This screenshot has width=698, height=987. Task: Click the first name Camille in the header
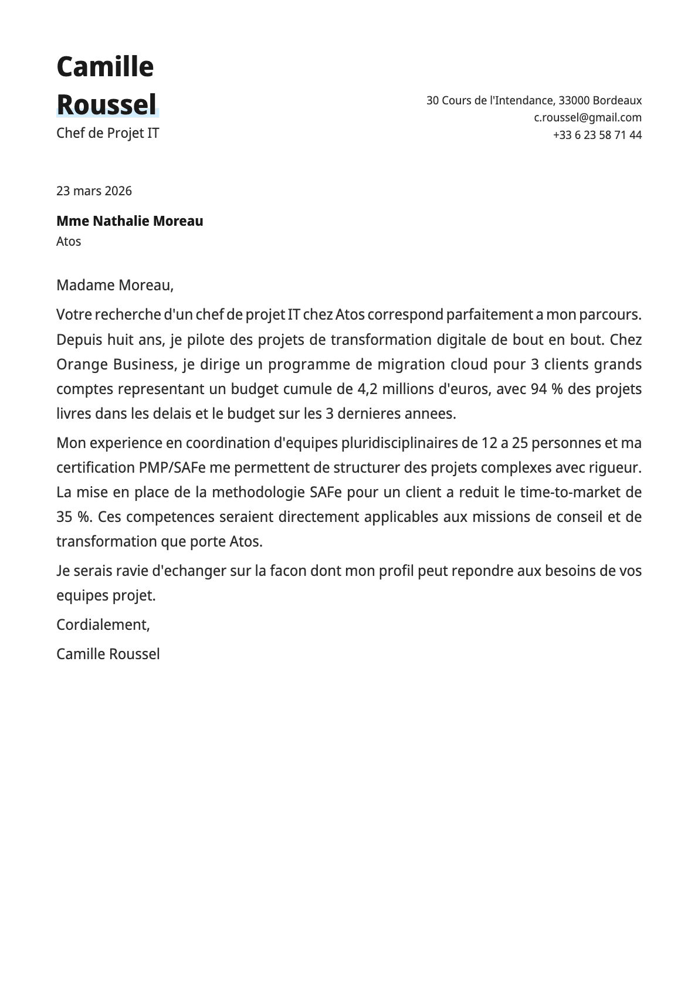[x=105, y=67]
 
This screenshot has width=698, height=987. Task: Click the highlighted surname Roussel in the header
[x=107, y=105]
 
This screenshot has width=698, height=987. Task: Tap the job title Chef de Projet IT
[x=107, y=133]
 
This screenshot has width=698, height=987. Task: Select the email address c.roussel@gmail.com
[x=587, y=117]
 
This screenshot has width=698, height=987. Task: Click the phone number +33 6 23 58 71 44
[x=597, y=135]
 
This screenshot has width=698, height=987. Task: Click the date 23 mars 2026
[x=94, y=191]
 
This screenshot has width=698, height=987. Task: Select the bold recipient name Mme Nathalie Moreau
[x=130, y=221]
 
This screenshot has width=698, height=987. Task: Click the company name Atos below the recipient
[x=69, y=241]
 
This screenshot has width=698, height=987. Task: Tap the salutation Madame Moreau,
[x=115, y=285]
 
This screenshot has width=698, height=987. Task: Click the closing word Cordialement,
[x=103, y=625]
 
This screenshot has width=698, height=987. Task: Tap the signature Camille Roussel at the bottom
[x=108, y=654]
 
